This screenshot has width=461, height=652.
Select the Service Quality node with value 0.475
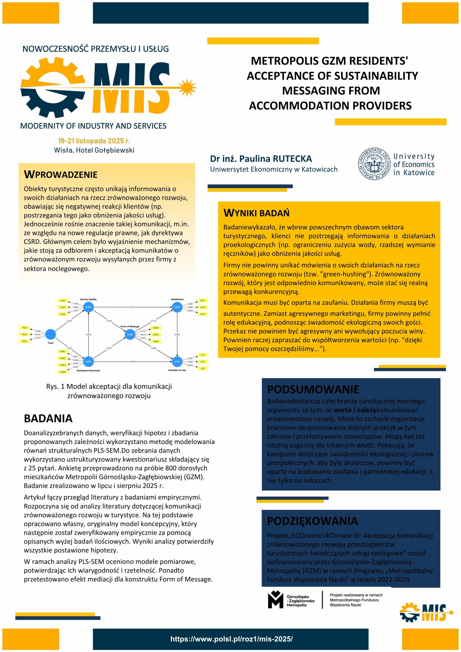point(88,307)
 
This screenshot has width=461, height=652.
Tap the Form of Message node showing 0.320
point(130,334)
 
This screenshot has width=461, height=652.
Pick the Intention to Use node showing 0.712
point(177,361)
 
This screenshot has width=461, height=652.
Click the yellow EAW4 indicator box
point(62,372)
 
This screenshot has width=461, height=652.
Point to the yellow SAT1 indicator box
point(202,301)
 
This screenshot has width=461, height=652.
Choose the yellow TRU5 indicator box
point(24,341)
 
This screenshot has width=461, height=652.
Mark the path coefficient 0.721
point(133,307)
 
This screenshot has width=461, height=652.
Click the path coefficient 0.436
point(88,334)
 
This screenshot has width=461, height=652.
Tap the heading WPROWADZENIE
point(61,174)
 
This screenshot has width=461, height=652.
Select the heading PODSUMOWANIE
point(313,389)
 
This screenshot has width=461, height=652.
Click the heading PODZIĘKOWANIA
point(312,521)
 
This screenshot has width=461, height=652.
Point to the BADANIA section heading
point(48,418)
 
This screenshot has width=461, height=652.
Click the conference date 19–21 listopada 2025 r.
point(94,141)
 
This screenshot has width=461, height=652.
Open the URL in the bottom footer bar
point(232,639)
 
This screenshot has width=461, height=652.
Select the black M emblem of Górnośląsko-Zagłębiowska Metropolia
point(276,600)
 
